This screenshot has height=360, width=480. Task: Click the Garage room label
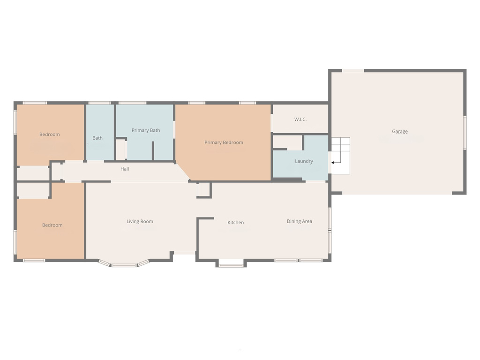pyautogui.click(x=400, y=132)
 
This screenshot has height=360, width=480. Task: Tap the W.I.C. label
pyautogui.click(x=300, y=120)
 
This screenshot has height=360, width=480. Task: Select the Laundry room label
pyautogui.click(x=304, y=161)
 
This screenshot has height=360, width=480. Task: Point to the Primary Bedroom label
pyautogui.click(x=224, y=142)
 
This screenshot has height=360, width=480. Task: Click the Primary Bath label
pyautogui.click(x=146, y=130)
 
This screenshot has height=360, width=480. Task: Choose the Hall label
pyautogui.click(x=125, y=169)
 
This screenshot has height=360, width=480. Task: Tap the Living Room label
pyautogui.click(x=140, y=221)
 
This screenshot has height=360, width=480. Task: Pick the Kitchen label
pyautogui.click(x=236, y=223)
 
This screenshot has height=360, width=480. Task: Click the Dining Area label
pyautogui.click(x=300, y=221)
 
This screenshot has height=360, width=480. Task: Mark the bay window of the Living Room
pyautogui.click(x=123, y=263)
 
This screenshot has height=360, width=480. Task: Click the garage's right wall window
pyautogui.click(x=465, y=133)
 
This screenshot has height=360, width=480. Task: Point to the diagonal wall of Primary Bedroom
pyautogui.click(x=183, y=172)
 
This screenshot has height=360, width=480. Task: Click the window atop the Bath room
pyautogui.click(x=99, y=103)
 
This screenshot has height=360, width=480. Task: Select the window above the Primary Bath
pyautogui.click(x=132, y=103)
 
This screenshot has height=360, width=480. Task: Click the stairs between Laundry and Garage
pyautogui.click(x=340, y=156)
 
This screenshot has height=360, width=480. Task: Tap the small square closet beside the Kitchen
pyautogui.click(x=203, y=190)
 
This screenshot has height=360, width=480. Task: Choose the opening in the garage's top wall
pyautogui.click(x=353, y=71)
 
